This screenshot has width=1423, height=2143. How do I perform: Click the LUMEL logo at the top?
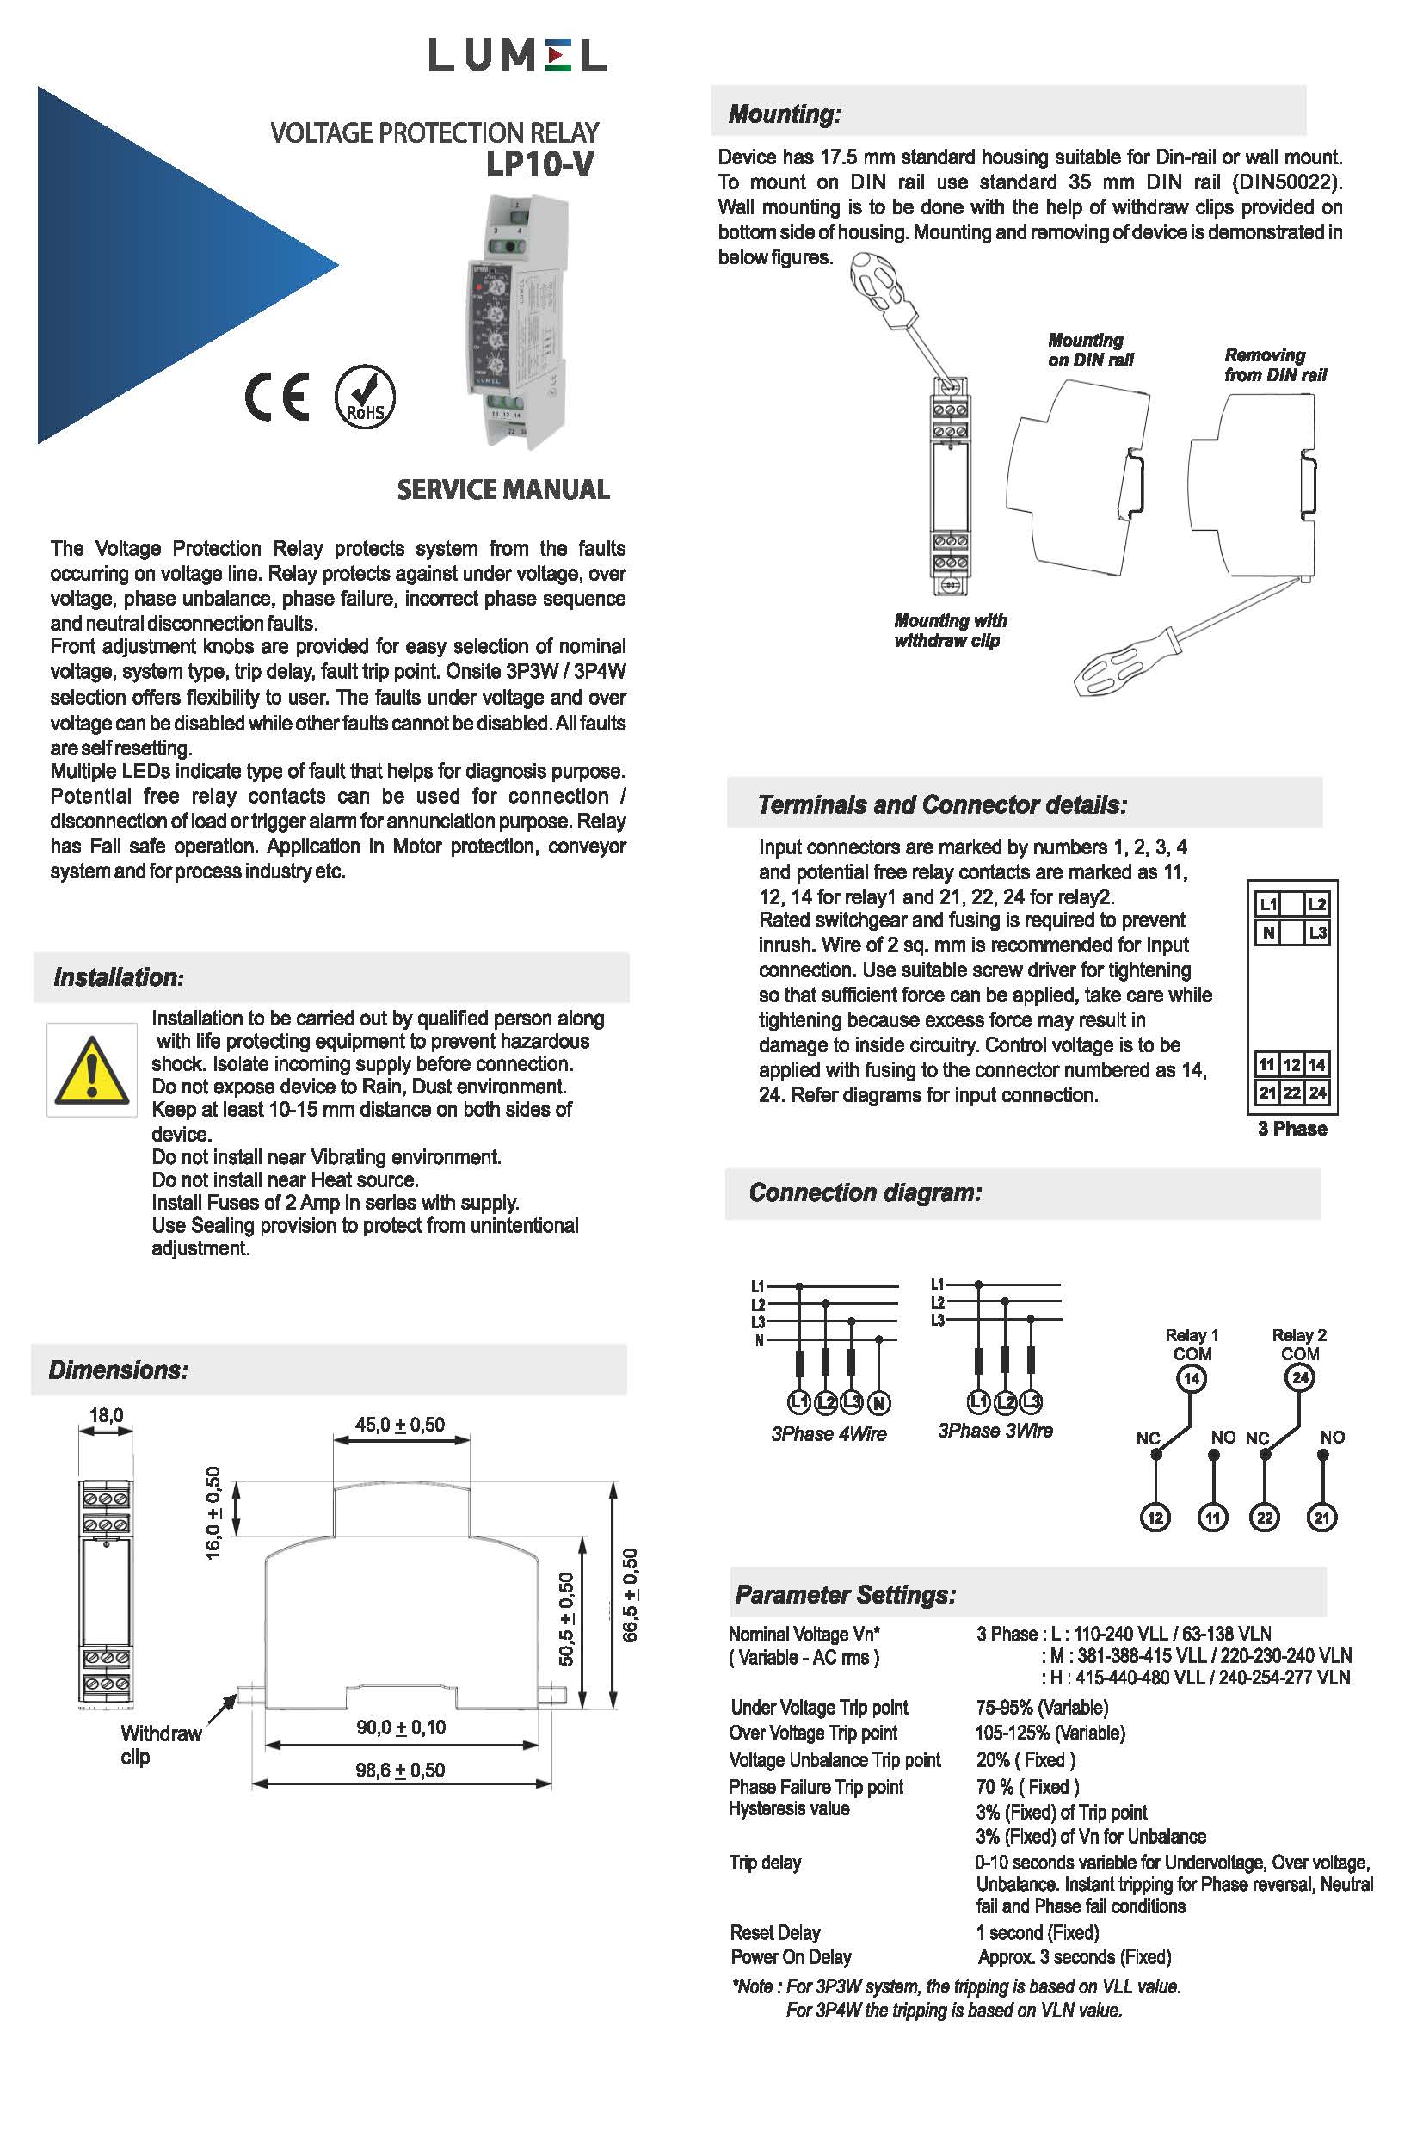pyautogui.click(x=517, y=56)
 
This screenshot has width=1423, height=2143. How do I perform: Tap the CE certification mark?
pyautogui.click(x=278, y=397)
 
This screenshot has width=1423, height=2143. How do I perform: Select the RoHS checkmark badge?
pyautogui.click(x=365, y=397)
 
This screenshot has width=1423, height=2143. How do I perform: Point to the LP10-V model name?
pyautogui.click(x=540, y=165)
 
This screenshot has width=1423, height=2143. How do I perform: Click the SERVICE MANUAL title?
pyautogui.click(x=502, y=490)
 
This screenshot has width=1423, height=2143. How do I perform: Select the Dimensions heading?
pyautogui.click(x=119, y=1370)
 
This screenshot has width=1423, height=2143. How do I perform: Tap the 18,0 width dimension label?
pyautogui.click(x=106, y=1414)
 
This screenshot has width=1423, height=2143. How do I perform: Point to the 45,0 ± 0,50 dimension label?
pyautogui.click(x=400, y=1425)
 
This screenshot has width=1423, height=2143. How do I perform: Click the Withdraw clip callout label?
pyautogui.click(x=161, y=1745)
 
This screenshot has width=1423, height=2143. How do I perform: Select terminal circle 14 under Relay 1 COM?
pyautogui.click(x=1191, y=1379)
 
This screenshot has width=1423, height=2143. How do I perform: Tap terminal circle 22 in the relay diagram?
pyautogui.click(x=1264, y=1518)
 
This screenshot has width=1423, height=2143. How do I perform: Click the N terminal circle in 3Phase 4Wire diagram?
pyautogui.click(x=878, y=1403)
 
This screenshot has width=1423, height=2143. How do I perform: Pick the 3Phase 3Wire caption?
pyautogui.click(x=995, y=1431)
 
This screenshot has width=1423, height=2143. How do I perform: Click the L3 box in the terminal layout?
pyautogui.click(x=1317, y=932)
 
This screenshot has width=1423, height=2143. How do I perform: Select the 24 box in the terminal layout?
pyautogui.click(x=1317, y=1093)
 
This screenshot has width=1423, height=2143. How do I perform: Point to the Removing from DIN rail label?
pyautogui.click(x=1274, y=365)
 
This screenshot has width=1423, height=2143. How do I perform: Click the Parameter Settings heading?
pyautogui.click(x=845, y=1595)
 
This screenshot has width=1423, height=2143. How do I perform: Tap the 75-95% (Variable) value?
pyautogui.click(x=1042, y=1708)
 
